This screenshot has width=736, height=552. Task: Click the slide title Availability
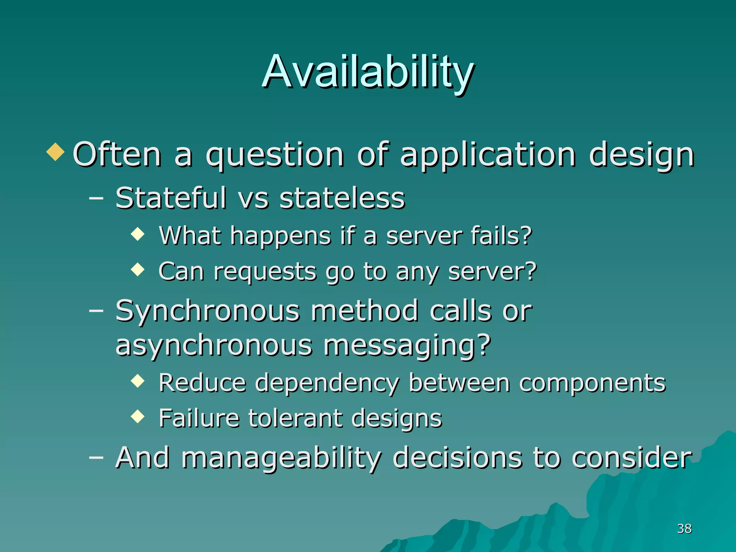coord(368,72)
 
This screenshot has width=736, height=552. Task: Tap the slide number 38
coord(684,529)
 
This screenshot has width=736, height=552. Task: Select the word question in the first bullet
coord(275,155)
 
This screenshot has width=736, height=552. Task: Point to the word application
coord(488,155)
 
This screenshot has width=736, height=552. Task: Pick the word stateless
coord(342,198)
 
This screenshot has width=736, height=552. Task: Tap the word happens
coord(280,237)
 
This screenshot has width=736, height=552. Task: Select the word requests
coord(265,272)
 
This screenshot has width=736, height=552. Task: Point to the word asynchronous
coord(214,346)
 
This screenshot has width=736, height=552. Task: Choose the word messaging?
coord(407,346)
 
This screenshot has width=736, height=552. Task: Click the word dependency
coord(327,384)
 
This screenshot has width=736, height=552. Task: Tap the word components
coord(592,383)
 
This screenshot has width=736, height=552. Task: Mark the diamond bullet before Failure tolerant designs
coord(138,417)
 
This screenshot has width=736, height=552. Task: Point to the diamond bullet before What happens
coord(138,235)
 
